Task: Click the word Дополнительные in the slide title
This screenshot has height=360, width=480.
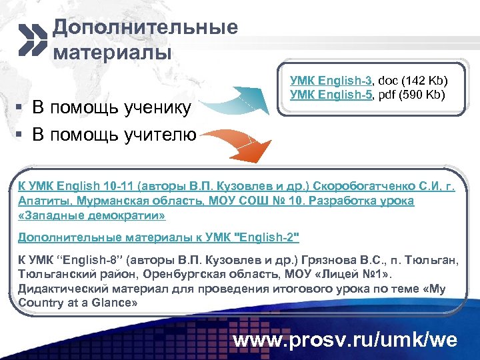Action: tap(145, 27)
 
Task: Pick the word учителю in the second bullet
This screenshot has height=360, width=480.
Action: tap(159, 135)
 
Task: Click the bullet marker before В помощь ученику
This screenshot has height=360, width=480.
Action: tap(21, 108)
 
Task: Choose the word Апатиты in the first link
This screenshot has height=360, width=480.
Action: tap(42, 201)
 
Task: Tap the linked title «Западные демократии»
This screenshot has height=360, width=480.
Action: tap(91, 215)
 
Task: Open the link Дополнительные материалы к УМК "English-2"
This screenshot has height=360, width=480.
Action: tap(159, 237)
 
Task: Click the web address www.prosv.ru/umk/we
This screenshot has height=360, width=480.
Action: tap(345, 340)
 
